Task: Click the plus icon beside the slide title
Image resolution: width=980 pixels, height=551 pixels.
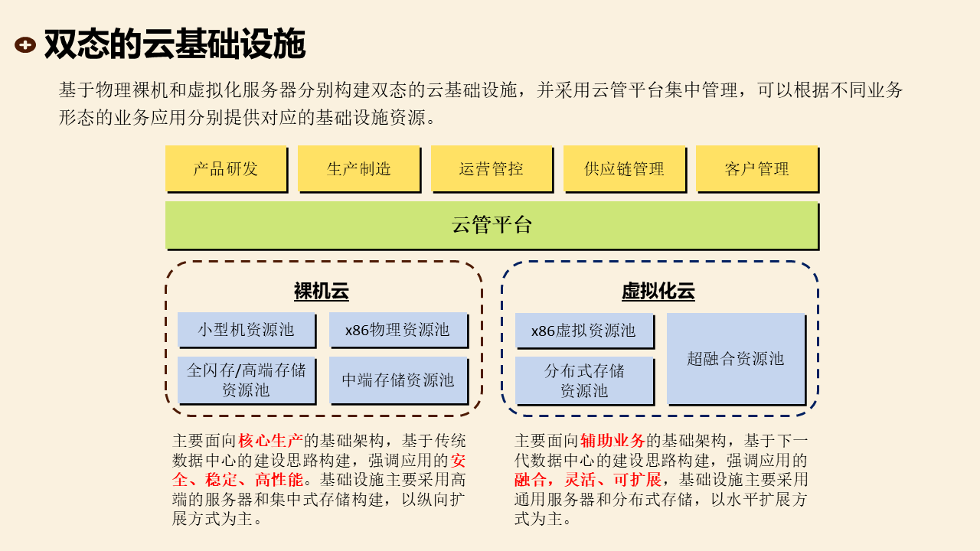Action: (x=25, y=45)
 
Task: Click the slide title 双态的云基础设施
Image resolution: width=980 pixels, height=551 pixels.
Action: (x=175, y=44)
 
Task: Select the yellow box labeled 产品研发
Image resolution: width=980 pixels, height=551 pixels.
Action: (x=226, y=168)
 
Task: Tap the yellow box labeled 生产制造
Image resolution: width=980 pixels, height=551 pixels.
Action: (x=358, y=168)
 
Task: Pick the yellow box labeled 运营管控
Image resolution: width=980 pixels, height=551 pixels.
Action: (x=491, y=168)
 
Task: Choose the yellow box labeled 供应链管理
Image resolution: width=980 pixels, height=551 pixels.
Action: (x=624, y=168)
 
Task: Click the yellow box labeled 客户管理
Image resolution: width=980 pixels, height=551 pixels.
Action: (x=756, y=168)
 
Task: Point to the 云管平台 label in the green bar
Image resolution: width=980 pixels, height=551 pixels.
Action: (x=492, y=225)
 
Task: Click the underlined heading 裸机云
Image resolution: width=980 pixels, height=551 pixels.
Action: (x=322, y=292)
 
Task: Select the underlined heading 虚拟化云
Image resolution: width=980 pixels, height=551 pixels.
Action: (x=658, y=292)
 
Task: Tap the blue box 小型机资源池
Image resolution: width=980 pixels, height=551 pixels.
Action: (x=246, y=330)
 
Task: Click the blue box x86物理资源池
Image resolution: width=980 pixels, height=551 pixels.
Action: (x=397, y=330)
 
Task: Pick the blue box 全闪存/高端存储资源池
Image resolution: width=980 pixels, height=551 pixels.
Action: (x=246, y=380)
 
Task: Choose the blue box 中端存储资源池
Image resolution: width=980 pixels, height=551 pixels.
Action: (x=397, y=380)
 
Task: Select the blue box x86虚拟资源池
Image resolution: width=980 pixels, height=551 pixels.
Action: (x=583, y=331)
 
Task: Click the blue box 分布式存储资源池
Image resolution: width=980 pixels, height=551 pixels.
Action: (x=583, y=380)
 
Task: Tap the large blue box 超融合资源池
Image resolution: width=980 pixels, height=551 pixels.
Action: (x=735, y=358)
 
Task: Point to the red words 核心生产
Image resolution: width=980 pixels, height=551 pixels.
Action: (x=271, y=441)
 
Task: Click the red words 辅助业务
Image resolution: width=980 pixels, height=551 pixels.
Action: (x=612, y=441)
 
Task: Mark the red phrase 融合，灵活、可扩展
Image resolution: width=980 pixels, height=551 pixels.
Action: (x=588, y=481)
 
